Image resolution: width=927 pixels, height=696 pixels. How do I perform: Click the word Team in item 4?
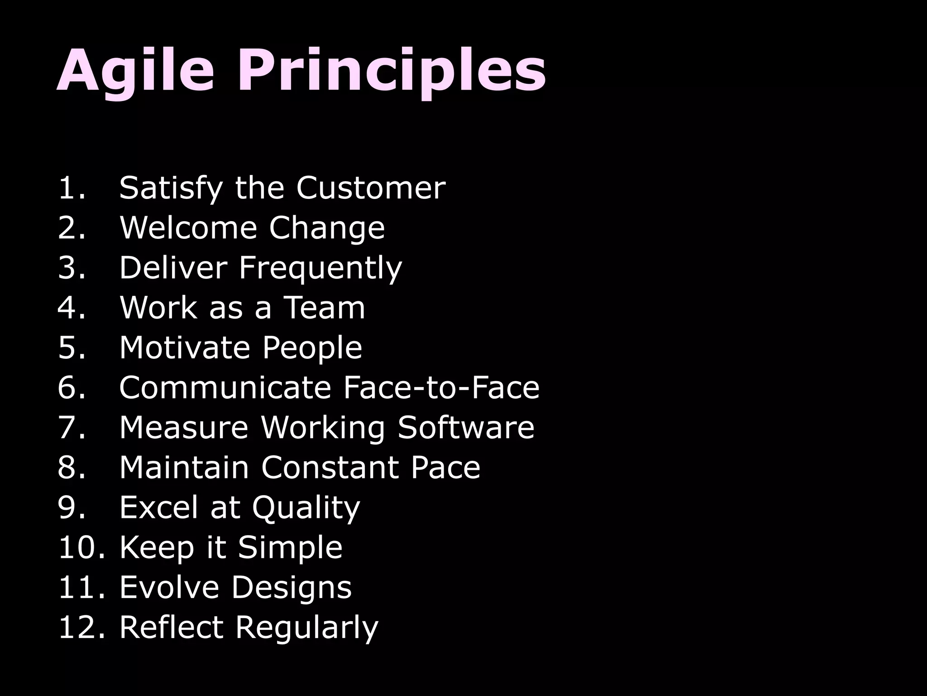[324, 308]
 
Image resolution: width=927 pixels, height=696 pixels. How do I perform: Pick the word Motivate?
[184, 348]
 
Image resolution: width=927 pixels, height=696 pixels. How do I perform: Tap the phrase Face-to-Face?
[441, 387]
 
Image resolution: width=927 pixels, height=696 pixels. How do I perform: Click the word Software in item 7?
[466, 427]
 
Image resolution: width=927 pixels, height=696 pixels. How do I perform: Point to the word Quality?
[306, 508]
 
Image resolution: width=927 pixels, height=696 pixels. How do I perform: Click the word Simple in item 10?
[290, 547]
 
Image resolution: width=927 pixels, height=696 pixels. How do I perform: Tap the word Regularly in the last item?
[306, 628]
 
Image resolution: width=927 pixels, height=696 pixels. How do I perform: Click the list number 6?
[71, 387]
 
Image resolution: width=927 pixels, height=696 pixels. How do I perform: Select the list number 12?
[81, 627]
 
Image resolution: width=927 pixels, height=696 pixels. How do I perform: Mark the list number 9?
[71, 507]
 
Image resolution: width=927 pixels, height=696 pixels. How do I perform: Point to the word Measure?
[184, 427]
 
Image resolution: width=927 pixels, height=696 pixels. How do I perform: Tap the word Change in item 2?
[326, 228]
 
